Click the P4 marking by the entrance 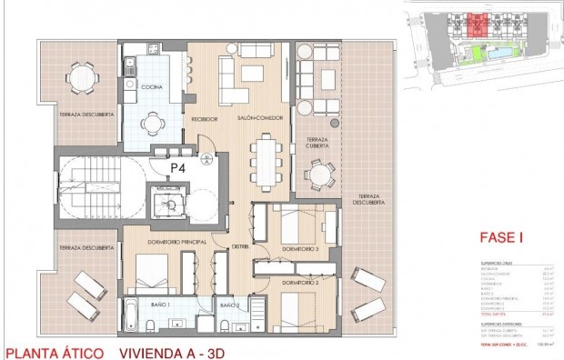point(179,167)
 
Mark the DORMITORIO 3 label point(300,248)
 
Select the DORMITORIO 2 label point(300,283)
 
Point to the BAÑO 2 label point(229,305)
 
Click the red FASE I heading point(500,239)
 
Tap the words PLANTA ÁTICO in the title point(55,351)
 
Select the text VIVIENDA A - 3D point(169,351)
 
